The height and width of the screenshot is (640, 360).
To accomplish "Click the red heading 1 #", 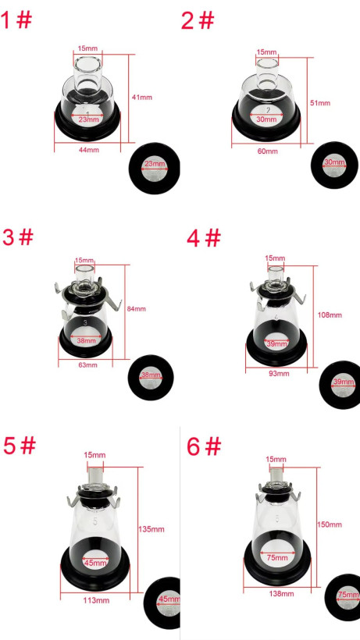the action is tap(16, 20).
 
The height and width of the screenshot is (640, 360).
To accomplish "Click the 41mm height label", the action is tap(142, 97).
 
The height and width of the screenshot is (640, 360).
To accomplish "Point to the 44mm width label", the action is tap(89, 150).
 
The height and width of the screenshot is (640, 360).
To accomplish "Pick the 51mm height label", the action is tap(320, 103).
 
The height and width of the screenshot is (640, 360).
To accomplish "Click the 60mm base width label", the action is tap(267, 151).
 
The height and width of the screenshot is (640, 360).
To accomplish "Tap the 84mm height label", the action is tap(136, 308).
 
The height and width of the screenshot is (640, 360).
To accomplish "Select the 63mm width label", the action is tap(87, 365).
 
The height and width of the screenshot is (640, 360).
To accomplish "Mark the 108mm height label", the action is tap(330, 315).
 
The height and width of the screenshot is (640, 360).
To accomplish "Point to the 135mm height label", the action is tap(151, 529).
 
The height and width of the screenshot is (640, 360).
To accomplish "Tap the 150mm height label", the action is tap(330, 524).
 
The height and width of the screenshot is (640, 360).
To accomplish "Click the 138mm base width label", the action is tap(281, 593).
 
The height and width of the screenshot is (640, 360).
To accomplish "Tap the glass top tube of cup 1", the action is tap(87, 73).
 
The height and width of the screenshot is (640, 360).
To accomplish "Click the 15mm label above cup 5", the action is tap(94, 455).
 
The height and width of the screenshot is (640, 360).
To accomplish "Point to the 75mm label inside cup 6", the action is tap(278, 557).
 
